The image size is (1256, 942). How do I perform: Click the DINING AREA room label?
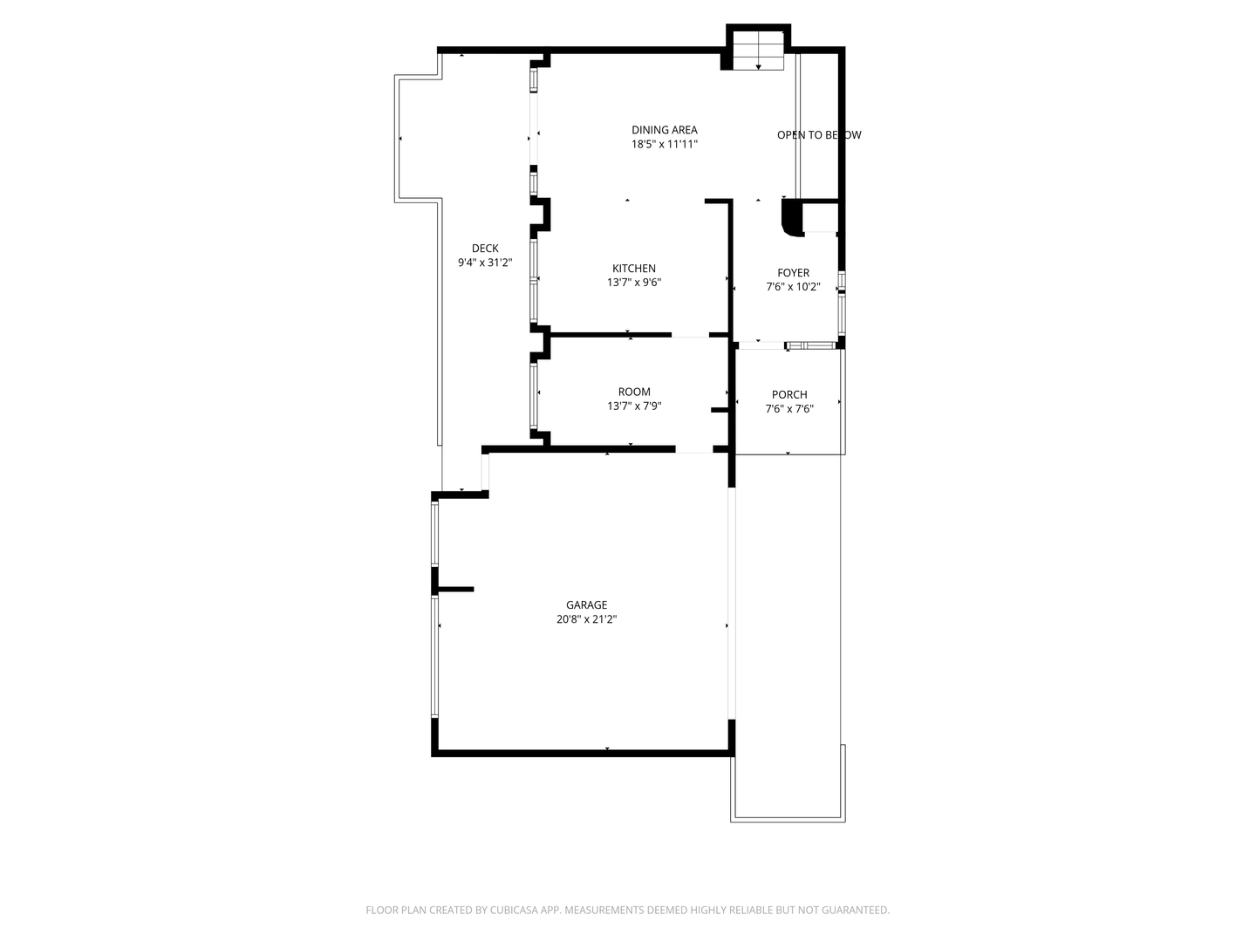[x=665, y=130]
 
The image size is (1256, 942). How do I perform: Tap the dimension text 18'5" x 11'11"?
[x=665, y=145]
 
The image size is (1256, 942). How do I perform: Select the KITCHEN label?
[x=634, y=269]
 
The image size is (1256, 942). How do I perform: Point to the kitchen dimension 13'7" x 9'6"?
[x=634, y=283]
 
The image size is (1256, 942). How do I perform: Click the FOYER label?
[x=793, y=273]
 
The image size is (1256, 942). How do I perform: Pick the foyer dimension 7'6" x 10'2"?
[x=793, y=287]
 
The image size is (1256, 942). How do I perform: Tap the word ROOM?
[x=634, y=392]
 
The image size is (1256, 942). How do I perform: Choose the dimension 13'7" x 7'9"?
[x=634, y=406]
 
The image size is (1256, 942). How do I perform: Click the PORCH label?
[x=789, y=394]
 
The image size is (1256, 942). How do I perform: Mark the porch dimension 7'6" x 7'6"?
[x=789, y=408]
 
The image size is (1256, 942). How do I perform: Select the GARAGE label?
[x=586, y=604]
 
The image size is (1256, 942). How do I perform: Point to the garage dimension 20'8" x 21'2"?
[x=586, y=619]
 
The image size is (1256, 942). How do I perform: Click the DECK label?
[x=485, y=249]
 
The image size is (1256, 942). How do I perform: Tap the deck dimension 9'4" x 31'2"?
[x=485, y=263]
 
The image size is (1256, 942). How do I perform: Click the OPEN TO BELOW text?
[x=819, y=135]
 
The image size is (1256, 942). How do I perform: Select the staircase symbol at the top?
[x=758, y=50]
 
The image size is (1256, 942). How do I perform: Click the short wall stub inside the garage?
[x=455, y=590]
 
